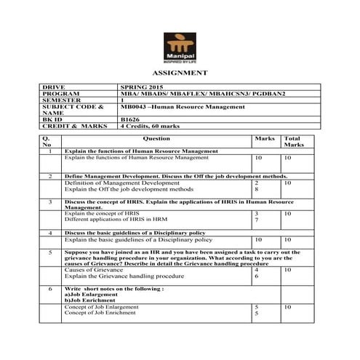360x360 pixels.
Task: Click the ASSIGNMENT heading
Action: click(180, 73)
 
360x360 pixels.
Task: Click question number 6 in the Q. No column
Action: click(49, 289)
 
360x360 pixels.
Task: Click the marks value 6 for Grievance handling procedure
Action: click(257, 276)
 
